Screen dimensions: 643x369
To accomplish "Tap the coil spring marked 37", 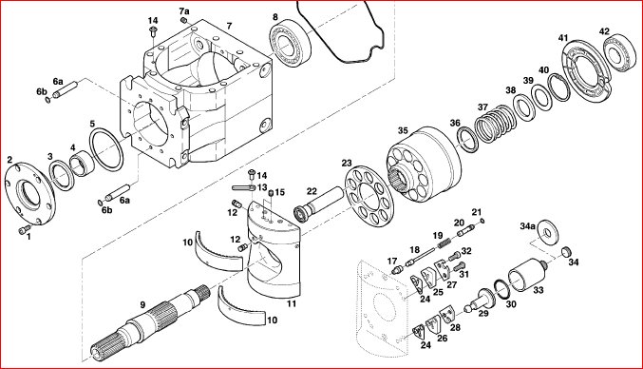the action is pos(496,124).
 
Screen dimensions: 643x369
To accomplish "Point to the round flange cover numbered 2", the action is pos(29,194).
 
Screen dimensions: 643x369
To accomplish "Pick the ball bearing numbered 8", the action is pos(291,45).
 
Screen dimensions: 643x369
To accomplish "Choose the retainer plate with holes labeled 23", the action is pos(369,196).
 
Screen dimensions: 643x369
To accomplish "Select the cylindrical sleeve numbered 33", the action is pos(527,276).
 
